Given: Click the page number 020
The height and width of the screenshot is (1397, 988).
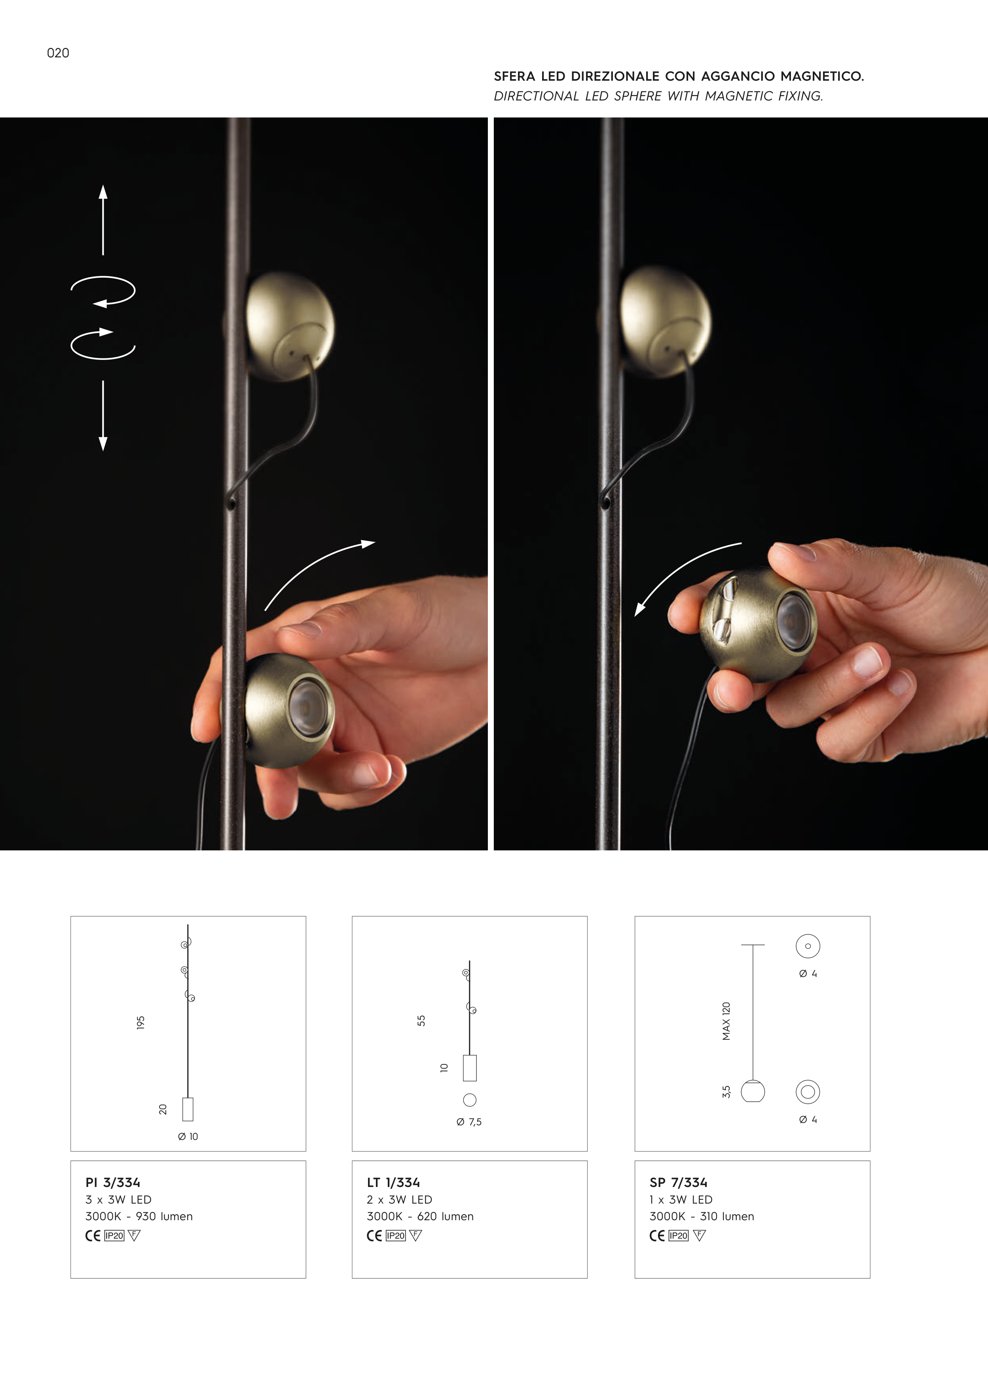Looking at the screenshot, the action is point(58,53).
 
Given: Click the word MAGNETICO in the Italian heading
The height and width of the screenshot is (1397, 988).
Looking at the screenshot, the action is point(822,76).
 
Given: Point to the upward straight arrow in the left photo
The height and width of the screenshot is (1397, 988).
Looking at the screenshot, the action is point(103,220).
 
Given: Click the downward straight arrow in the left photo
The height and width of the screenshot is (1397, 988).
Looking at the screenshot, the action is point(103,416).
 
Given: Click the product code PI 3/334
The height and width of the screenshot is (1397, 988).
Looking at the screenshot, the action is point(113,1182).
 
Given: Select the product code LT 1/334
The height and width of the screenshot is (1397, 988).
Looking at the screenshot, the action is point(393,1182).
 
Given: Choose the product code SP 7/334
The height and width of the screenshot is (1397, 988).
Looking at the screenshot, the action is point(678,1182).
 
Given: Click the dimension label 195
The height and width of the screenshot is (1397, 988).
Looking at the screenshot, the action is point(140,1022).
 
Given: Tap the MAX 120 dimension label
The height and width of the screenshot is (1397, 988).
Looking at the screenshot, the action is point(726,1021).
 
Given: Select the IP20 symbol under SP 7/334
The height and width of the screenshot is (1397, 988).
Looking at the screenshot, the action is point(678,1235).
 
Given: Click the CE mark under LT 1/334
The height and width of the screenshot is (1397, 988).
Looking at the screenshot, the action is point(374,1235).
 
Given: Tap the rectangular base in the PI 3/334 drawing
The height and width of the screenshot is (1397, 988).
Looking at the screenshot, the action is point(188,1109).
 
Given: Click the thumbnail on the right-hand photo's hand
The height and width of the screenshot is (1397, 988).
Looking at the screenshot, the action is point(867,662).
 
